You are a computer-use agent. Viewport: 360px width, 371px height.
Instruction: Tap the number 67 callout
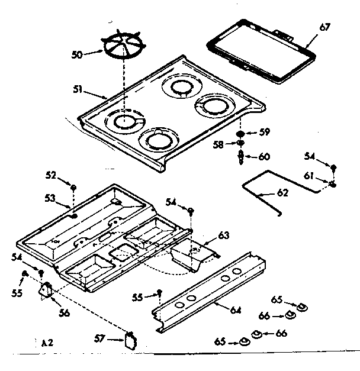click(325, 28)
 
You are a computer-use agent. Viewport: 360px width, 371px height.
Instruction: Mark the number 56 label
click(63, 312)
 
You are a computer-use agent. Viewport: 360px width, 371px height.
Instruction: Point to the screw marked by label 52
click(73, 187)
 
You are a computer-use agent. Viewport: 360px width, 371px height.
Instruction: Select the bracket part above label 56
click(46, 289)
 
